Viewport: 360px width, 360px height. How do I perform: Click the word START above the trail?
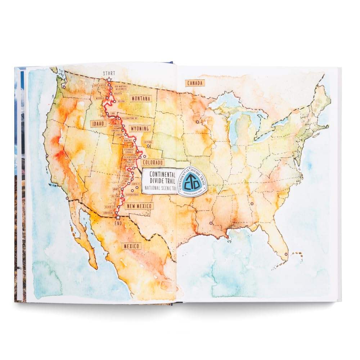109,73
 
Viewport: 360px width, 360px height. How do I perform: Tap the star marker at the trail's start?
109,79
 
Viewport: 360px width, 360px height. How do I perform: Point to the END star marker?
118,217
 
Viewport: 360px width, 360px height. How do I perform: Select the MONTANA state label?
141,99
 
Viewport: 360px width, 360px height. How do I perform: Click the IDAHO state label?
98,123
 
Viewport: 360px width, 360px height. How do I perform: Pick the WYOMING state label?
140,129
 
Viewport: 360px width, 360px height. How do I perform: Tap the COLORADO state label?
153,163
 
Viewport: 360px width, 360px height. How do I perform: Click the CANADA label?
195,83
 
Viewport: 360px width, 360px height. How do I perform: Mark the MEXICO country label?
131,246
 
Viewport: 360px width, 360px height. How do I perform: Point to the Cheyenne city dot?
148,146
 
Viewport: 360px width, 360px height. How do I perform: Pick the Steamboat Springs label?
129,150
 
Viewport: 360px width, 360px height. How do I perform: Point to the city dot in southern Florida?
286,254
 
